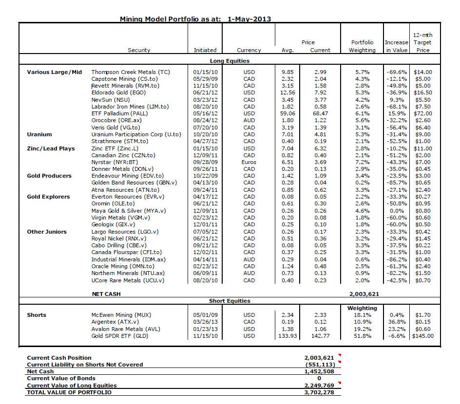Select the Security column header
click(x=139, y=50)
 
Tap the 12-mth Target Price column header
click(x=422, y=42)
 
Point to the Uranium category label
click(x=39, y=134)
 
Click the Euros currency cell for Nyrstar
click(x=249, y=162)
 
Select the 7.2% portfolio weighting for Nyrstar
click(x=363, y=162)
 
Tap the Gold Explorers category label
click(x=48, y=197)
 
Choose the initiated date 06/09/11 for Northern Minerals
click(x=205, y=273)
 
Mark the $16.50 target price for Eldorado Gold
click(x=422, y=92)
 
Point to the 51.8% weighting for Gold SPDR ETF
click(x=363, y=336)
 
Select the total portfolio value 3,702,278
click(x=319, y=392)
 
